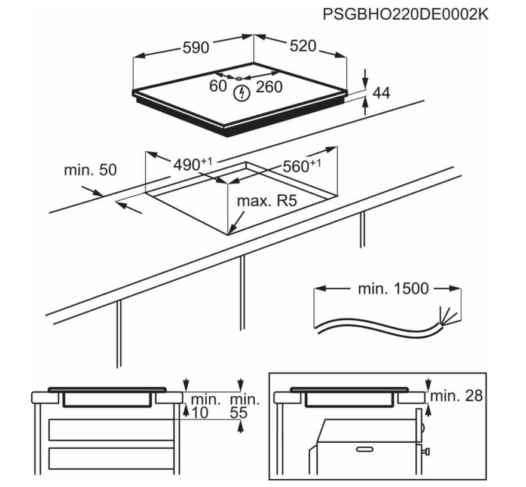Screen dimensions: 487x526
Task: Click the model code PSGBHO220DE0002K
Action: pos(405,14)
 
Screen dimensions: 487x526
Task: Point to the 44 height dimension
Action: pos(381,93)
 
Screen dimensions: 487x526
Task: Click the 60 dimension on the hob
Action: pos(218,87)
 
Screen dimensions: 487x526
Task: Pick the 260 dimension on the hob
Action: pos(268,87)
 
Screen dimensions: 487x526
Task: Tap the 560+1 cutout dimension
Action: pos(301,166)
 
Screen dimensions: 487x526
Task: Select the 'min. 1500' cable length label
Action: pos(393,289)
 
